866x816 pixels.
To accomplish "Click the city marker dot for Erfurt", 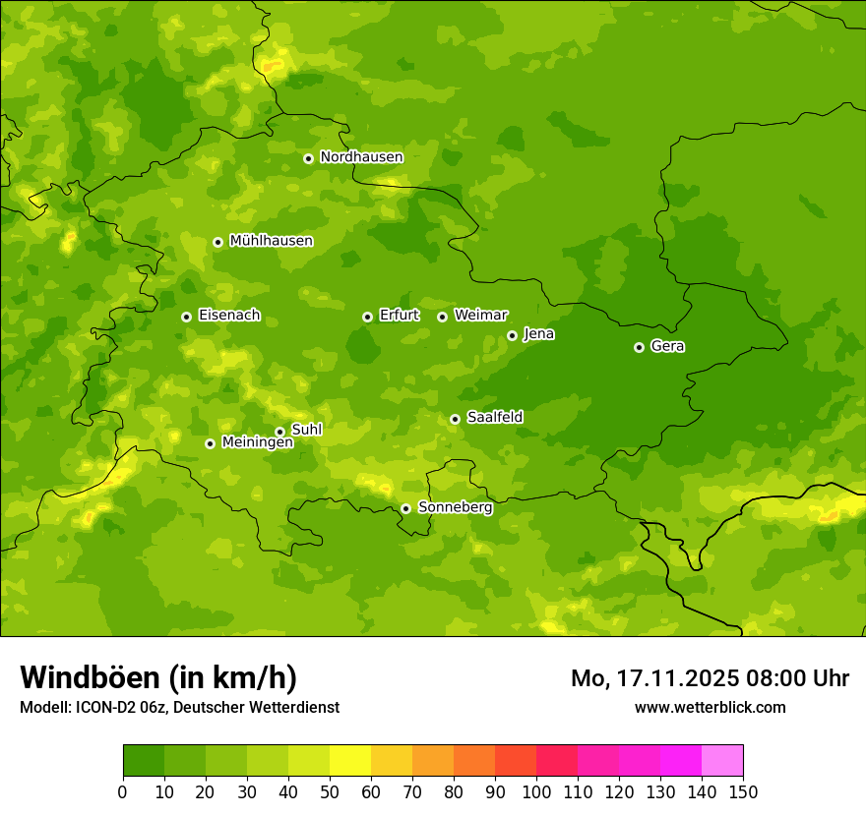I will (x=367, y=317).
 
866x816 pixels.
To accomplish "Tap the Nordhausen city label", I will (x=361, y=157).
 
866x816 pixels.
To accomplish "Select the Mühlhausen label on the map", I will (x=271, y=241).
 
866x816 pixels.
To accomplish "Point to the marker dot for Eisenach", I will (x=186, y=317).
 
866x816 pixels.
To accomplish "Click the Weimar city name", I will (x=480, y=316).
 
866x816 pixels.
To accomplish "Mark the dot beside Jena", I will (x=512, y=335).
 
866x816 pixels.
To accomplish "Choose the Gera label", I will (x=667, y=346).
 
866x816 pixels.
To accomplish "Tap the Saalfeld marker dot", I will (x=455, y=419).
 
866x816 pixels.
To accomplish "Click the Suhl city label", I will (x=306, y=430).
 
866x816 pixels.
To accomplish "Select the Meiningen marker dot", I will (x=210, y=443).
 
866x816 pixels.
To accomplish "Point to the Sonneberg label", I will (x=455, y=507).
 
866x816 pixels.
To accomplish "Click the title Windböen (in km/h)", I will (x=158, y=677).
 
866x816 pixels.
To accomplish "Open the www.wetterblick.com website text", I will (x=710, y=707).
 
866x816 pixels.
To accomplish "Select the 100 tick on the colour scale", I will (x=536, y=792).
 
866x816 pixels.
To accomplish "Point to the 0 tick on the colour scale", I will (x=123, y=792).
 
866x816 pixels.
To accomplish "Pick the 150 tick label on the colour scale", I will (x=743, y=792).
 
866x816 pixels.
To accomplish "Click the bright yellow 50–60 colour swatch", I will (x=350, y=761).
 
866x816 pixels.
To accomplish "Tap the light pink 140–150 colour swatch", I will (x=722, y=761).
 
